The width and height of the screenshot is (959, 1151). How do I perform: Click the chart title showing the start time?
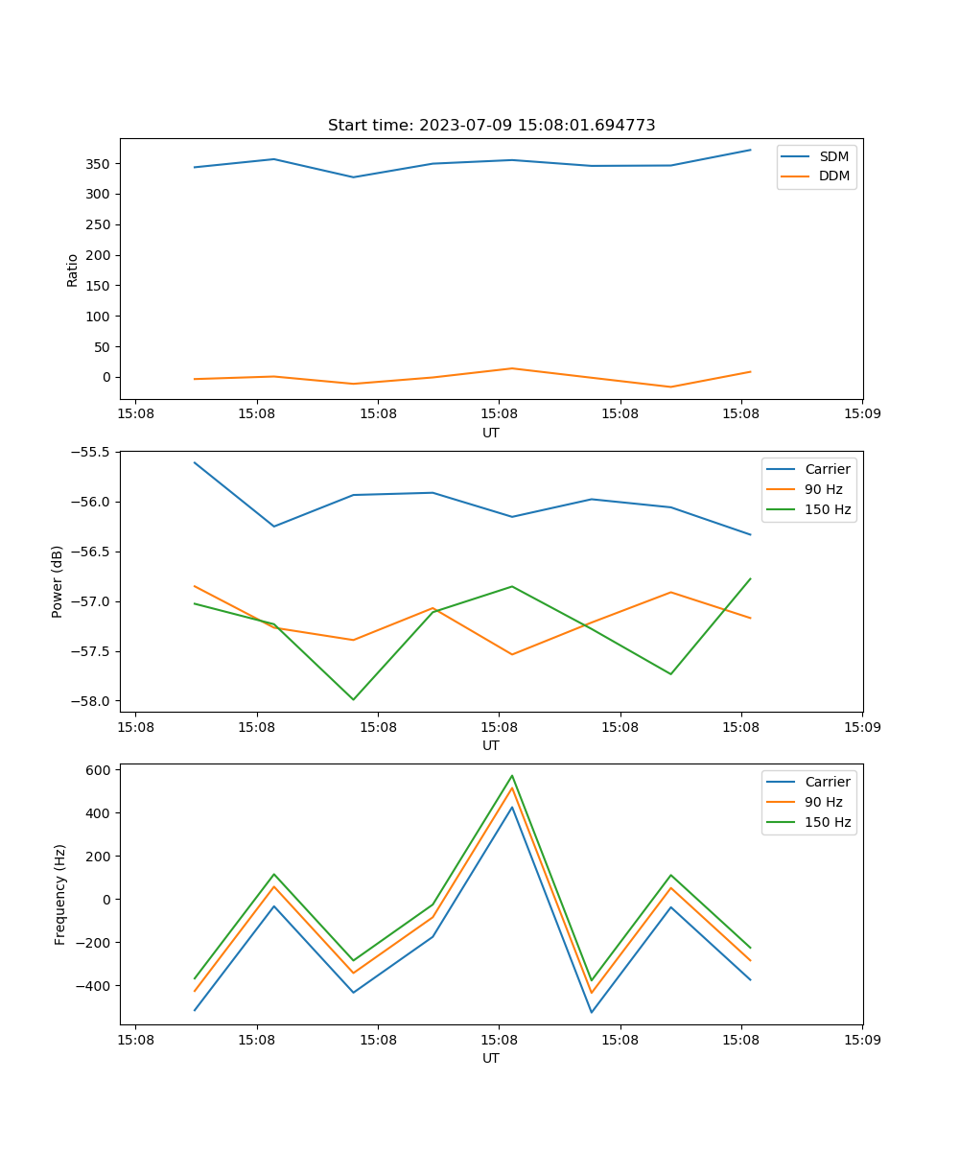coord(491,126)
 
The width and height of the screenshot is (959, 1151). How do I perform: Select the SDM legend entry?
coord(833,156)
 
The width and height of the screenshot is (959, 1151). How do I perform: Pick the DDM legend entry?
coord(833,176)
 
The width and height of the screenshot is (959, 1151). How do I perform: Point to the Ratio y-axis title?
coord(73,270)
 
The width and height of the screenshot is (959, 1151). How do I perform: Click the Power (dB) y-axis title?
coord(58,581)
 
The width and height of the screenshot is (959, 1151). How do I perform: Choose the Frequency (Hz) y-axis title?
coord(60,895)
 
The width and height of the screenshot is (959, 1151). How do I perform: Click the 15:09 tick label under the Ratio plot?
coord(861,415)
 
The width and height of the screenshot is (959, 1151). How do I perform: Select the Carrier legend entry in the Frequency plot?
coord(828,782)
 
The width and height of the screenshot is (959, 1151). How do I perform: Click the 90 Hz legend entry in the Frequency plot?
coord(824,802)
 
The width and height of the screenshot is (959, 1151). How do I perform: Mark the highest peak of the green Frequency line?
coord(512,775)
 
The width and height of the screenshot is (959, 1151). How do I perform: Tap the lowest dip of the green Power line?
coord(353,699)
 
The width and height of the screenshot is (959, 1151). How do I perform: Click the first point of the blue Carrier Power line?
coord(195,462)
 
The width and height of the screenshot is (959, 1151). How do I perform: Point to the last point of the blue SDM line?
coord(750,150)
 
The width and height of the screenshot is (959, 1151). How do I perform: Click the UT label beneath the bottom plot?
coord(491,1058)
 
